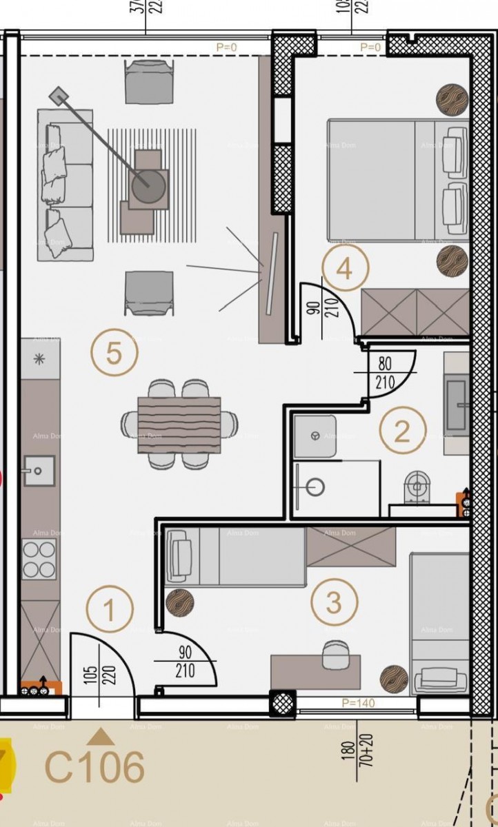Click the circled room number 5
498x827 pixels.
tap(114, 354)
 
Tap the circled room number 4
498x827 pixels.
tap(345, 269)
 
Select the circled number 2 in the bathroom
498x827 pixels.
tap(401, 431)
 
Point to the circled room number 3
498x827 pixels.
tap(334, 603)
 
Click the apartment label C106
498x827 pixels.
tap(95, 767)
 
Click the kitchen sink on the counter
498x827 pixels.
tap(39, 471)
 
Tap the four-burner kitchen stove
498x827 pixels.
tap(39, 559)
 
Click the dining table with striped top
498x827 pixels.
tap(179, 425)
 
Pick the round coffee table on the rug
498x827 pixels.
tap(148, 186)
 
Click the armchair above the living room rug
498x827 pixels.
tap(148, 81)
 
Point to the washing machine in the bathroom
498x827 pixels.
tap(315, 436)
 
